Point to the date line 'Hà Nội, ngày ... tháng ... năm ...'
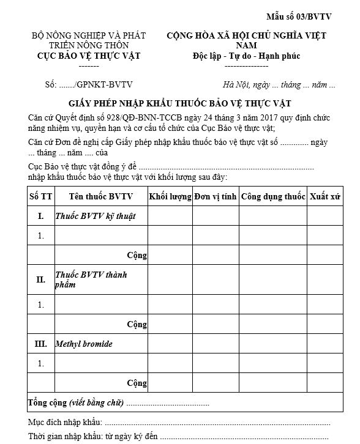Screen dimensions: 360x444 [x=279, y=85]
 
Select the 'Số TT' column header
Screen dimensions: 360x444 [x=41, y=197]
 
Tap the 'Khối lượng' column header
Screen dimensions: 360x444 [x=170, y=197]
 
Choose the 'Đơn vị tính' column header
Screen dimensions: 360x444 [x=215, y=197]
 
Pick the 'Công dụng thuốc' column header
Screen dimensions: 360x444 [x=273, y=197]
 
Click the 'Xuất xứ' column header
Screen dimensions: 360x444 [x=325, y=197]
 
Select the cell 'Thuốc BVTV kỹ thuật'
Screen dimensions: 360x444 [x=95, y=216]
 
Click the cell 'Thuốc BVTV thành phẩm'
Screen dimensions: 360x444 [x=91, y=279]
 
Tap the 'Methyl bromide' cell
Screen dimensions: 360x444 [x=84, y=344]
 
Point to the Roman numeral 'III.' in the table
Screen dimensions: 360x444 [x=41, y=344]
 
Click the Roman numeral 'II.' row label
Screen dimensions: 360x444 [x=41, y=279]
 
